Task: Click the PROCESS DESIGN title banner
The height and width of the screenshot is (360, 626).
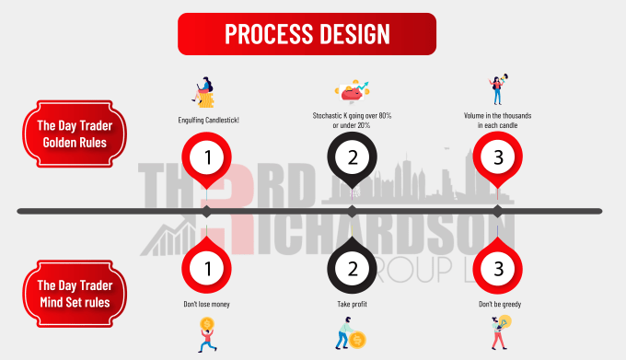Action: tap(307, 34)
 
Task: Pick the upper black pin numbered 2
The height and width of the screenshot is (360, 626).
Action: tap(352, 157)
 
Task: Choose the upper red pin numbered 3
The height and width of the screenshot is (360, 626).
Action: tap(497, 157)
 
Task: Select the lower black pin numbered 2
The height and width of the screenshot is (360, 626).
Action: tap(352, 270)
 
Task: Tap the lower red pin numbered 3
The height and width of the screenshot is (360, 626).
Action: tap(497, 270)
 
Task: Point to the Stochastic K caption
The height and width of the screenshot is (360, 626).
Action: tap(352, 121)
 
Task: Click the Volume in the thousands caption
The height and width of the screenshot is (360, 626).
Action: tap(497, 121)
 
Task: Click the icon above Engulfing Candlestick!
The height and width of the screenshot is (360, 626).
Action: tap(204, 92)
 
